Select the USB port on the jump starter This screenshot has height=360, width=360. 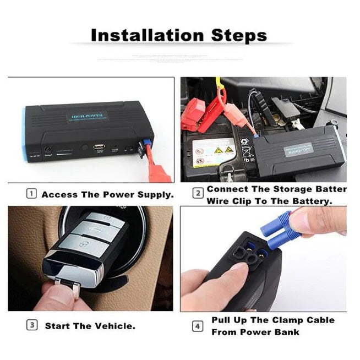[x=99, y=147]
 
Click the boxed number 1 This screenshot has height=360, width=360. [x=32, y=194]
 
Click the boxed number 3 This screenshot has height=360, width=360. [x=32, y=326]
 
